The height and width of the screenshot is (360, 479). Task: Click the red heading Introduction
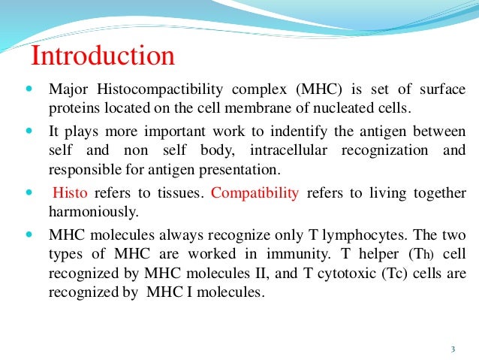click(x=102, y=56)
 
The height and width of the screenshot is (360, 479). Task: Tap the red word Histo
click(x=71, y=192)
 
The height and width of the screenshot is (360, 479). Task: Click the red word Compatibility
click(x=255, y=192)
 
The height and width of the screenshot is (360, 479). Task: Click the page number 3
click(x=453, y=348)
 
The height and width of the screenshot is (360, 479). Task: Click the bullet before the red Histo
click(x=28, y=193)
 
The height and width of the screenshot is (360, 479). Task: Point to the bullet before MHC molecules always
click(x=28, y=234)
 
